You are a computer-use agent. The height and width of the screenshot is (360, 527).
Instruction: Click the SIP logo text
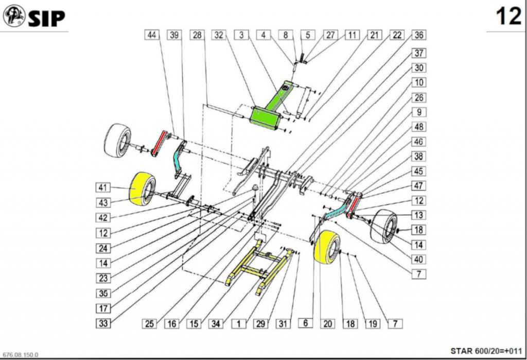point(46,18)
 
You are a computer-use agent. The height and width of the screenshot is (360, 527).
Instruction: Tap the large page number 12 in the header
point(507,17)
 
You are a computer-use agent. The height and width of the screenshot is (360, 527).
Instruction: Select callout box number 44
point(151,35)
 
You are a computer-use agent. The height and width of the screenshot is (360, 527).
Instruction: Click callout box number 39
point(174,35)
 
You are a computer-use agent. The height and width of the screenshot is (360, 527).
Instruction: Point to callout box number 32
point(219,35)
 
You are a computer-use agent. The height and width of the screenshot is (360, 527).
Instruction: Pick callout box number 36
point(419,35)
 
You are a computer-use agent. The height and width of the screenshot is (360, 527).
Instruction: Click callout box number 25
point(149,323)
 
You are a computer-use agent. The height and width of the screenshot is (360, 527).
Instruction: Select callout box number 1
point(239,323)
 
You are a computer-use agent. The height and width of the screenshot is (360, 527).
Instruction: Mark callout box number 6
point(305,323)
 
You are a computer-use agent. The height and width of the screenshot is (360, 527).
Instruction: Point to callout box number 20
point(328,323)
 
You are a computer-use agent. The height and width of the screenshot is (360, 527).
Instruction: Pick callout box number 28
point(197,35)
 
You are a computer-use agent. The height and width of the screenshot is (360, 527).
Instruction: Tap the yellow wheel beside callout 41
point(142,188)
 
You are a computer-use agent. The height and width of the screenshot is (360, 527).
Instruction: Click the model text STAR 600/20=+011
point(486,351)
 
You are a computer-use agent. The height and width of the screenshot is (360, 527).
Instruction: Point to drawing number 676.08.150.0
point(20,355)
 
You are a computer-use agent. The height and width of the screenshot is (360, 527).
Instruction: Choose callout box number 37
point(419,54)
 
